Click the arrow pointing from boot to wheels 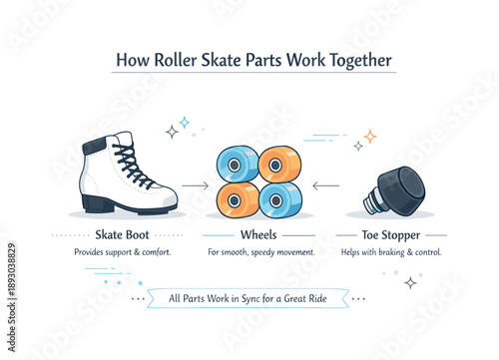click(x=194, y=185)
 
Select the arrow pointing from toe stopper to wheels click(x=325, y=185)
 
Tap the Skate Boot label click(x=123, y=235)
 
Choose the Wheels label click(x=258, y=235)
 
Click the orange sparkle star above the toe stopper click(x=369, y=136)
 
